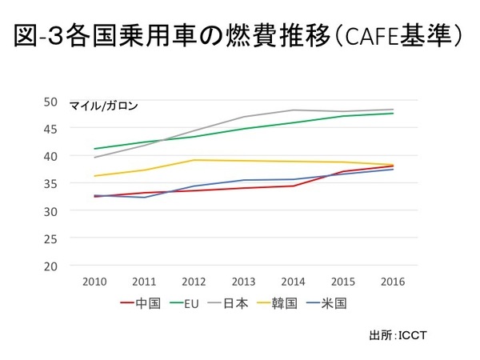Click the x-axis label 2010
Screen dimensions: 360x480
(94, 282)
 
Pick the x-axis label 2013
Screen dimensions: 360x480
(243, 282)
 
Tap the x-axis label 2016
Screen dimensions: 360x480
(392, 282)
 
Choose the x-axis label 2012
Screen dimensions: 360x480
(194, 282)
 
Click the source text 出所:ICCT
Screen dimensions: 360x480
(398, 334)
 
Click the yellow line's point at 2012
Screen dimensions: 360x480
(194, 160)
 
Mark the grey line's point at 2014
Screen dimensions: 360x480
(293, 110)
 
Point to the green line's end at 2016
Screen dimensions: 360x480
(392, 114)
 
